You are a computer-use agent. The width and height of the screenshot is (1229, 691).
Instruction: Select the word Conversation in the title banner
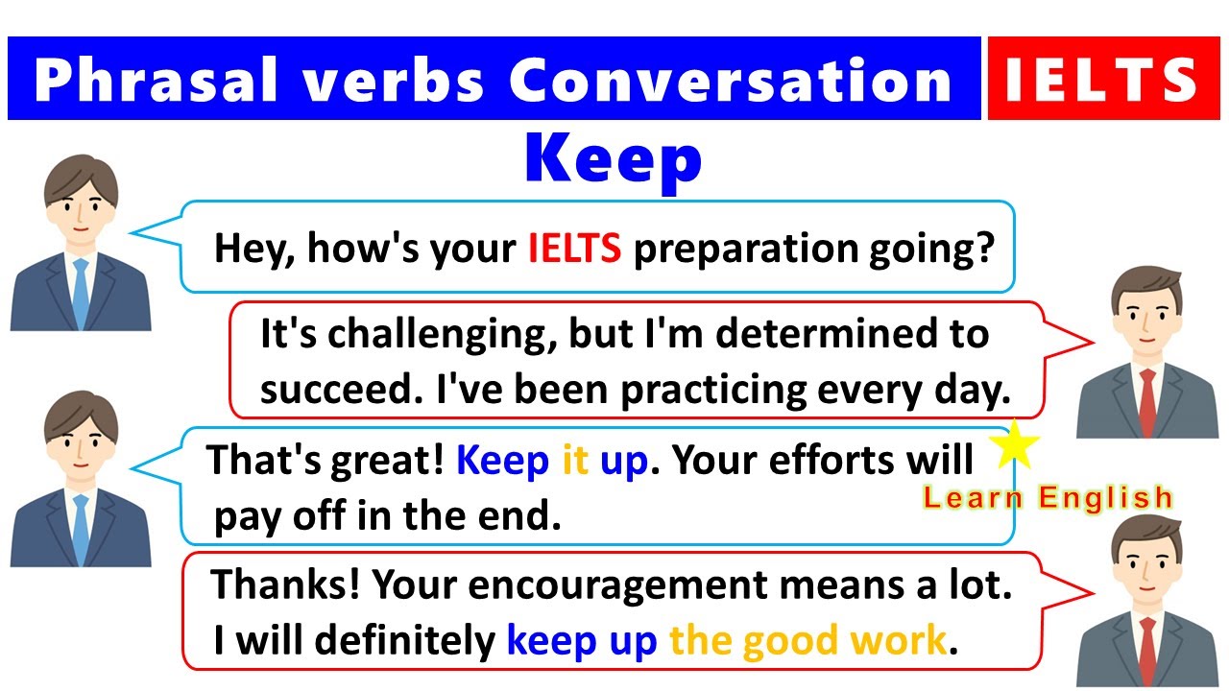[x=730, y=80]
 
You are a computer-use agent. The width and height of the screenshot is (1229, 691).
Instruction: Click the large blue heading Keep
[x=614, y=160]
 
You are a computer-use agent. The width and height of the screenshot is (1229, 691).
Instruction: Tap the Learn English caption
[x=1048, y=497]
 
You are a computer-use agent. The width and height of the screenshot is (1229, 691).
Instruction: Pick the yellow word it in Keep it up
[x=574, y=462]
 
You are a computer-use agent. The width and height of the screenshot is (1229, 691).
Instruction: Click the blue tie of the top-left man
[x=81, y=293]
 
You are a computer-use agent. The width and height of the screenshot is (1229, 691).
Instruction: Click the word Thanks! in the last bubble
[x=284, y=584]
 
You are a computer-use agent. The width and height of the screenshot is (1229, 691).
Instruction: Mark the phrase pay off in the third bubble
[x=268, y=516]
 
